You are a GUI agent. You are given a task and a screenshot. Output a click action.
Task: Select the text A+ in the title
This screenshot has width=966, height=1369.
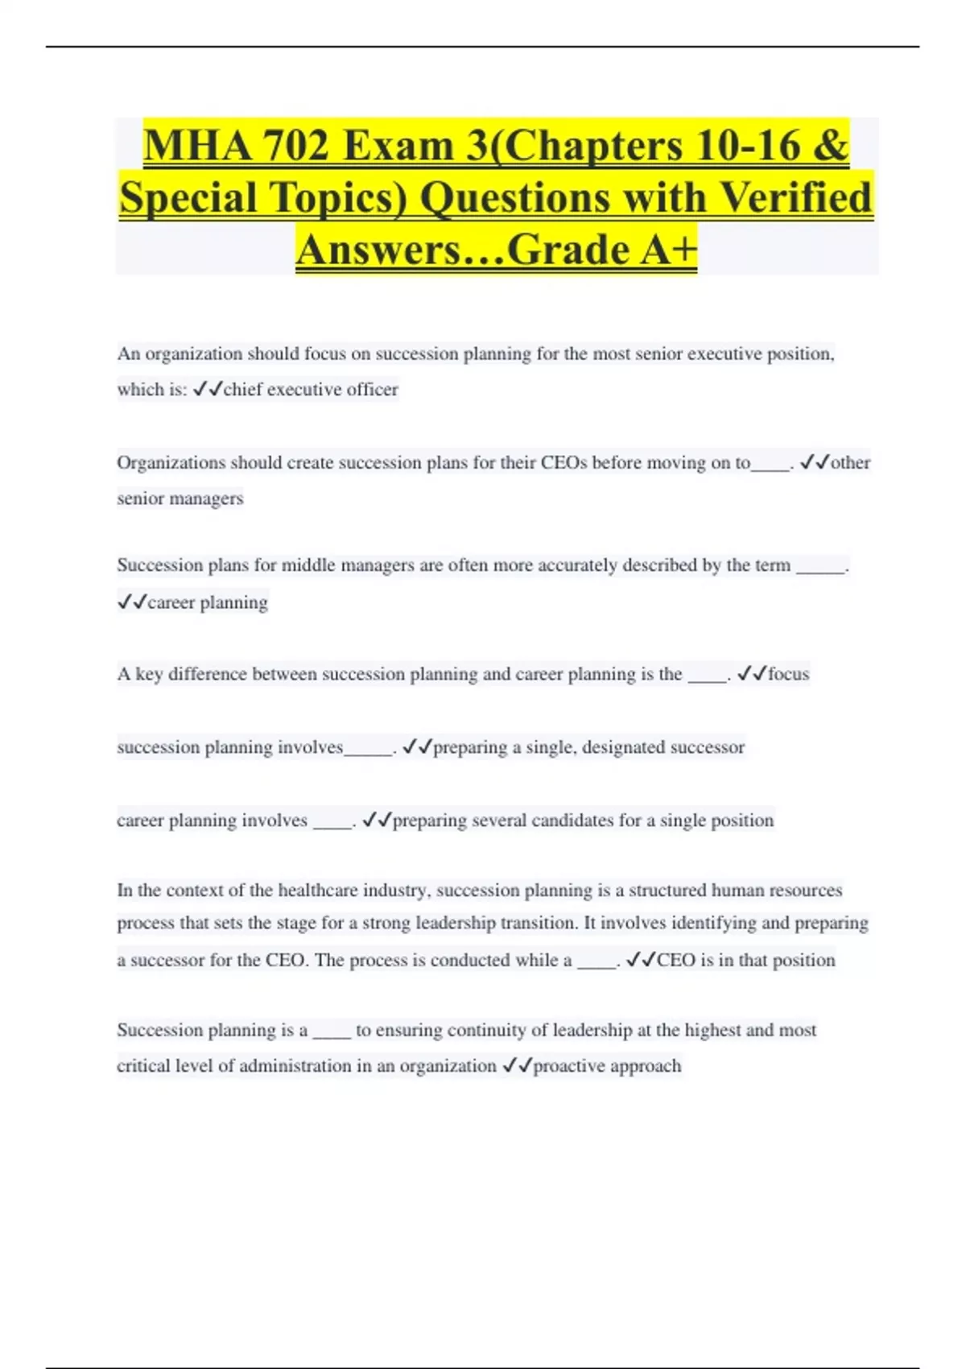tap(669, 250)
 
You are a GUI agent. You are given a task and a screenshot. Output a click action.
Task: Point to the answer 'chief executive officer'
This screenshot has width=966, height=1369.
tap(311, 390)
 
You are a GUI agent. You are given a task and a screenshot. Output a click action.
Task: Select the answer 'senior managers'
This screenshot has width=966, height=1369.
tap(180, 498)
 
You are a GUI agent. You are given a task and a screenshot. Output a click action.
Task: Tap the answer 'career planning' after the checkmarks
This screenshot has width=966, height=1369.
tap(208, 602)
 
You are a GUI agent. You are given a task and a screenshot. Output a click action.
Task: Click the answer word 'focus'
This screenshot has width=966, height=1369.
tap(788, 674)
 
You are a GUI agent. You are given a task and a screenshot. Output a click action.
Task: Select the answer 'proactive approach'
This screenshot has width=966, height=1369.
tap(607, 1066)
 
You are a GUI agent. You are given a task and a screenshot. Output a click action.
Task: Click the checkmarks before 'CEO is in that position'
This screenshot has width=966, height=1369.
tap(641, 960)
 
